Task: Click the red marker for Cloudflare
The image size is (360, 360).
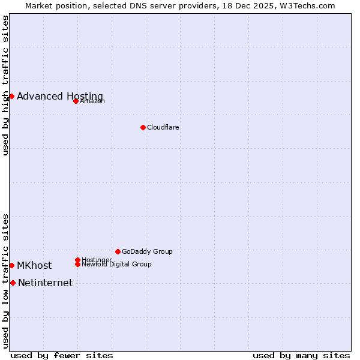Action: [143, 127]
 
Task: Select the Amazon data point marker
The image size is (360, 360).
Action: [76, 101]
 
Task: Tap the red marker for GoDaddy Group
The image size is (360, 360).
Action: [118, 251]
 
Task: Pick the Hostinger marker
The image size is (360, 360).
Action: [77, 260]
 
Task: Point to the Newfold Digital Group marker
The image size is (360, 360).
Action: [77, 264]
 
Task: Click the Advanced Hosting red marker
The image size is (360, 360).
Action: [11, 96]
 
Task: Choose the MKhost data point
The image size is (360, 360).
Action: [11, 265]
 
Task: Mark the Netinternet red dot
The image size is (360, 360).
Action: [13, 283]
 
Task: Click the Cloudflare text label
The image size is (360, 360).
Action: [163, 127]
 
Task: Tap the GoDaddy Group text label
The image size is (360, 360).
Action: [147, 251]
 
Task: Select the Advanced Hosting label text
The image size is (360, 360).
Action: [60, 96]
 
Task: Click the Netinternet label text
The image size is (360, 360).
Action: [46, 283]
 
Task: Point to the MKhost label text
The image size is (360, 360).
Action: [34, 266]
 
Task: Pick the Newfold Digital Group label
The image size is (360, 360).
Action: [117, 264]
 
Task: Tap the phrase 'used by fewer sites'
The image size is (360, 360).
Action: [62, 355]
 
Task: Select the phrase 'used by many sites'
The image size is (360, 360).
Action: [301, 355]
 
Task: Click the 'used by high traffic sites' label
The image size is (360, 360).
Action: [5, 85]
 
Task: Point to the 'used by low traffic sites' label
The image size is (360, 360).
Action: [5, 281]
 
